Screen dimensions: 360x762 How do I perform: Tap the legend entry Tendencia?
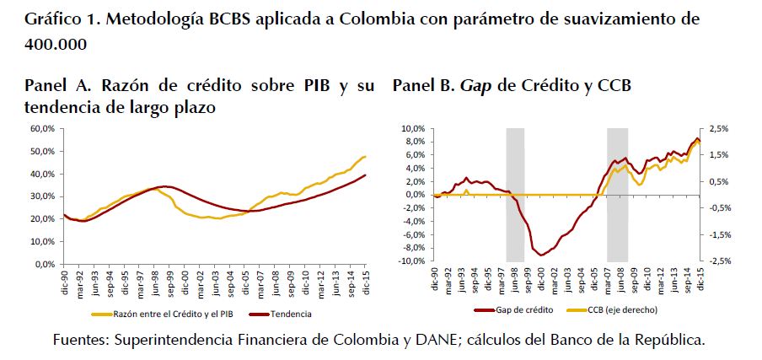(292, 314)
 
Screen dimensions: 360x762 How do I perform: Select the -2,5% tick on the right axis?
(722, 261)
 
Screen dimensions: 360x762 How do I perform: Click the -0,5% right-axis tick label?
(722, 208)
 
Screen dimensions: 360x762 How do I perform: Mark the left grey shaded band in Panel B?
(515, 195)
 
